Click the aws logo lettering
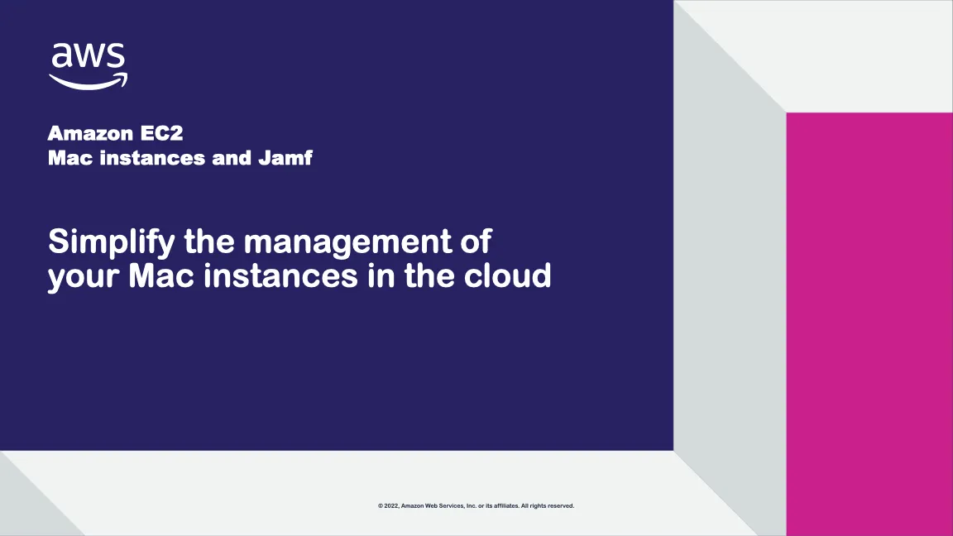click(x=88, y=55)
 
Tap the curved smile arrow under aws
click(x=88, y=81)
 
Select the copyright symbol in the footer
click(x=381, y=505)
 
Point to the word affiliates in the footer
click(x=505, y=505)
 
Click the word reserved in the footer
click(x=560, y=505)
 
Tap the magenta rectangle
click(x=869, y=323)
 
